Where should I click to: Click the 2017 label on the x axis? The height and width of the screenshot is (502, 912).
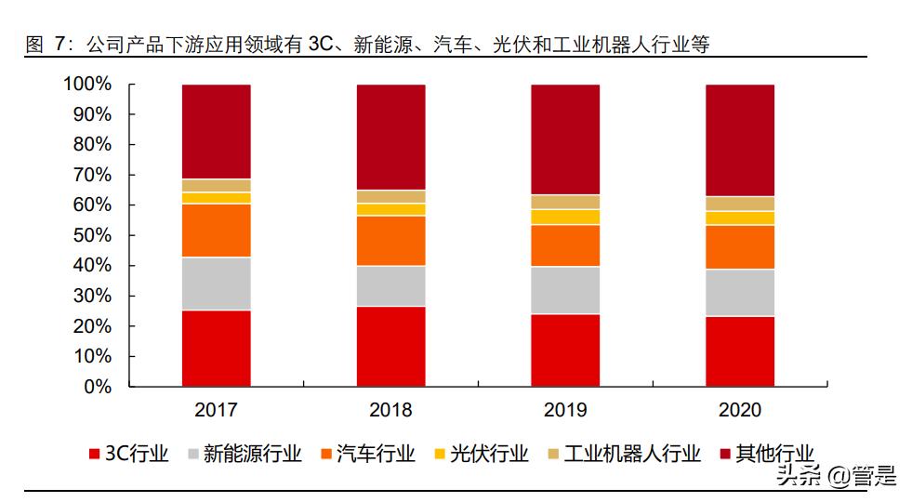click(x=216, y=410)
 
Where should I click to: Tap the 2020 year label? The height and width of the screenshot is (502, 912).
click(x=740, y=410)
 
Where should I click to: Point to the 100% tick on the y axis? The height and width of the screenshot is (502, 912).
click(x=87, y=85)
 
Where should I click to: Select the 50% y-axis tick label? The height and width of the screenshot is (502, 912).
click(x=92, y=236)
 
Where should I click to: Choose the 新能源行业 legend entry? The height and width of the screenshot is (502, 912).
click(x=244, y=454)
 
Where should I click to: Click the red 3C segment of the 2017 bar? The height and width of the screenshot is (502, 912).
click(x=216, y=348)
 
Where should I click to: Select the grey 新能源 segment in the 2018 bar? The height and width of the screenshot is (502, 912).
click(x=390, y=286)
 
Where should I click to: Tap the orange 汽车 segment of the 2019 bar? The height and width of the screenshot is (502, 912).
click(x=565, y=245)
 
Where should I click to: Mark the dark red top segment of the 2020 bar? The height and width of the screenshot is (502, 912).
click(x=740, y=139)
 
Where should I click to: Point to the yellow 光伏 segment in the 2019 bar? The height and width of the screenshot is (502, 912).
click(x=565, y=217)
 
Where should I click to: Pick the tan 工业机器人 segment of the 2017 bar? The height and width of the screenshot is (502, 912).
click(x=216, y=185)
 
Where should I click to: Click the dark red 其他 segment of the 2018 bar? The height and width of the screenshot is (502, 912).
click(x=390, y=137)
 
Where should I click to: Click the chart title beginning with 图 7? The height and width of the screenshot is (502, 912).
click(x=367, y=44)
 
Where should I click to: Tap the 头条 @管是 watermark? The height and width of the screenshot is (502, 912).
click(x=836, y=477)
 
